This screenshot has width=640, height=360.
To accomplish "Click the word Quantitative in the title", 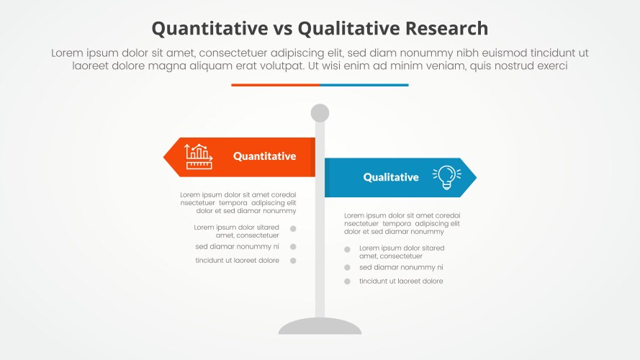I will [x=207, y=28].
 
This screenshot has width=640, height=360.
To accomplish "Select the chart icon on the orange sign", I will [x=199, y=156].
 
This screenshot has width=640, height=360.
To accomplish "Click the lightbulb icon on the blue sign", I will [x=446, y=177].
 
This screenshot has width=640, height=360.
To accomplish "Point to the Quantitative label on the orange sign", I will [x=264, y=156].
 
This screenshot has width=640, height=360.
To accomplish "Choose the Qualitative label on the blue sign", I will [x=390, y=177].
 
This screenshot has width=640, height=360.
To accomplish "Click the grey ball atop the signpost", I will [x=320, y=113].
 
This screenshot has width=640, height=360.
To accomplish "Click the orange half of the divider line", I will [x=275, y=85].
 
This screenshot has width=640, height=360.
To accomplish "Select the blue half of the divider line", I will [x=364, y=85].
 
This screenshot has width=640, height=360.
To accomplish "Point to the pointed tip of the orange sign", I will [x=166, y=156].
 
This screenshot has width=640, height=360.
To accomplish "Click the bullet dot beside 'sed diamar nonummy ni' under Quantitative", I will [x=294, y=246].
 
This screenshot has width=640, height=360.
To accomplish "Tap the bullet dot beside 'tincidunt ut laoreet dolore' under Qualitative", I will [x=347, y=282].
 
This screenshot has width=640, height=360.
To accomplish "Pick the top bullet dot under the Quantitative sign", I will [x=294, y=229].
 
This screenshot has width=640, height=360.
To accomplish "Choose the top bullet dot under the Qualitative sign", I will [x=347, y=250].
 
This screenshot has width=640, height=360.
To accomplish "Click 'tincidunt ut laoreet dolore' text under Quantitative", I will [x=237, y=261].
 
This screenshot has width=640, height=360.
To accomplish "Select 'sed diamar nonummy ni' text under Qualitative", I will [x=401, y=267].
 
